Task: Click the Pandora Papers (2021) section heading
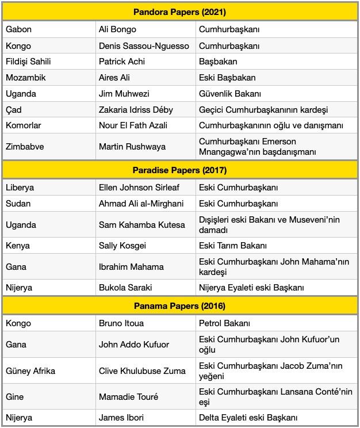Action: tap(179, 11)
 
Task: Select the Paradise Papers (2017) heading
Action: tap(179, 170)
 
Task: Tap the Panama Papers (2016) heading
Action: tap(179, 305)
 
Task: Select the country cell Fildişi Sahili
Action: tap(28, 62)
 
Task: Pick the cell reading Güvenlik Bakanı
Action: tap(230, 94)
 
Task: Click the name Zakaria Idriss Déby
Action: tap(136, 109)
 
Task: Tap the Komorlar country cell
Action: tap(24, 125)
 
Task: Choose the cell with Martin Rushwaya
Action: tap(132, 147)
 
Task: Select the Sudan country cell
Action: tap(18, 204)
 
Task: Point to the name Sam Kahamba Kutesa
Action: tap(141, 224)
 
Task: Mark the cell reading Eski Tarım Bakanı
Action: tap(233, 246)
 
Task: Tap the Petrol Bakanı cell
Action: tap(224, 323)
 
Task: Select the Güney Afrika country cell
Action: tap(30, 370)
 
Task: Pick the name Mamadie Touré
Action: tap(128, 396)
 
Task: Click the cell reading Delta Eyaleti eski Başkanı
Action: tap(248, 418)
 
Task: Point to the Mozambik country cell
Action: tap(26, 78)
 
